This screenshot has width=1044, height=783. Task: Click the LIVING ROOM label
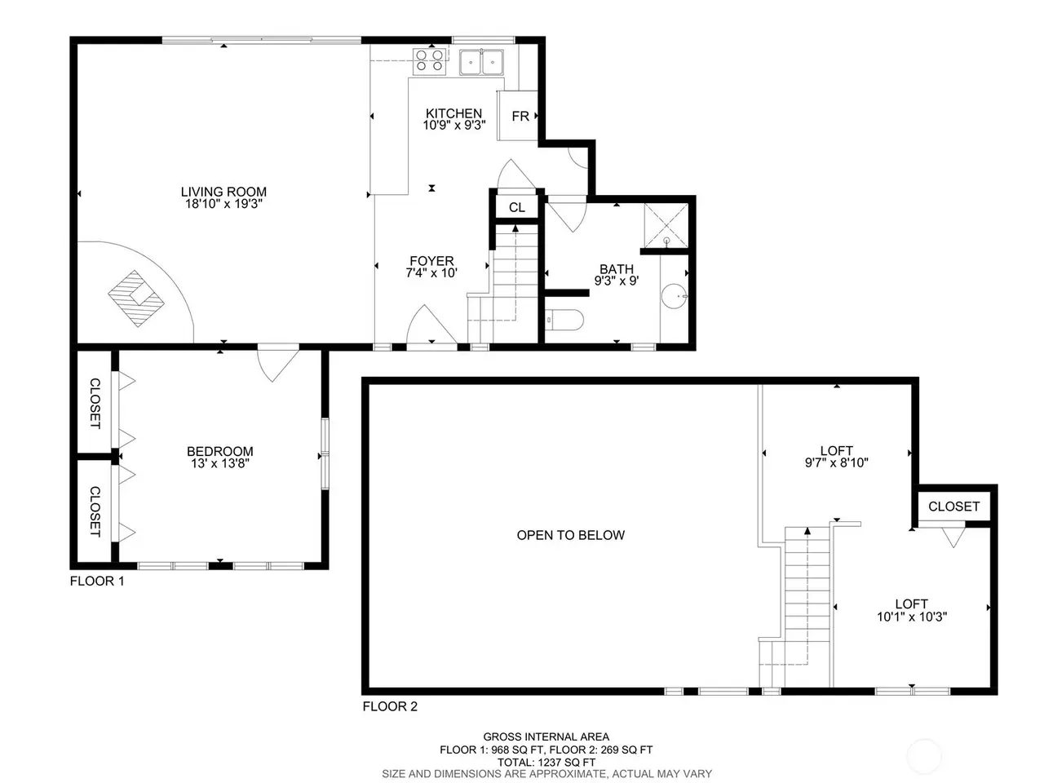pos(223,192)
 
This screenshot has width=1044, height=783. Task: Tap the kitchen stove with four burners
pos(430,61)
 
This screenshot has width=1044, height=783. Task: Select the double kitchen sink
pos(481,62)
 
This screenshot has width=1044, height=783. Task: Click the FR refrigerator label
pos(520,116)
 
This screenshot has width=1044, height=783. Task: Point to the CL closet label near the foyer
pos(517,207)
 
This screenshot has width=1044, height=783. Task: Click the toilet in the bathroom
pos(564,320)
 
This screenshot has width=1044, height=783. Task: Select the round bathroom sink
pos(675,296)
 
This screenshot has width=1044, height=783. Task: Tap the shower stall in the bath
pos(666,225)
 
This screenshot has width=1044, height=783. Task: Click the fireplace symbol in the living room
pos(136,299)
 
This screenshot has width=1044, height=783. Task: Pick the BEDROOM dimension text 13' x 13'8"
pos(220,463)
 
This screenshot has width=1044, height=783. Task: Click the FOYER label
pos(431,261)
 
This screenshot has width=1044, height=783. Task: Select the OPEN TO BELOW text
pos(571,535)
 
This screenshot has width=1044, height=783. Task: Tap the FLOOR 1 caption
pos(97,581)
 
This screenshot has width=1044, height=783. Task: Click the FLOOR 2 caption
pos(390,706)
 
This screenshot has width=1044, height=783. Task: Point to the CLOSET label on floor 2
pos(954,507)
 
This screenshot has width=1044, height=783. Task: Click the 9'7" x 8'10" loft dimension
pos(837,462)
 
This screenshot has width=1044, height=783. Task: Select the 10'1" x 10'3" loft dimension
pos(912,617)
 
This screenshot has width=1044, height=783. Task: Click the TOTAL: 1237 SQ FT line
pos(546,763)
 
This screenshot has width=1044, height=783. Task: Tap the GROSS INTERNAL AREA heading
pos(546,737)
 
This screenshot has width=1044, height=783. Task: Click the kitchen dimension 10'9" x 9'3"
pos(454,125)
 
